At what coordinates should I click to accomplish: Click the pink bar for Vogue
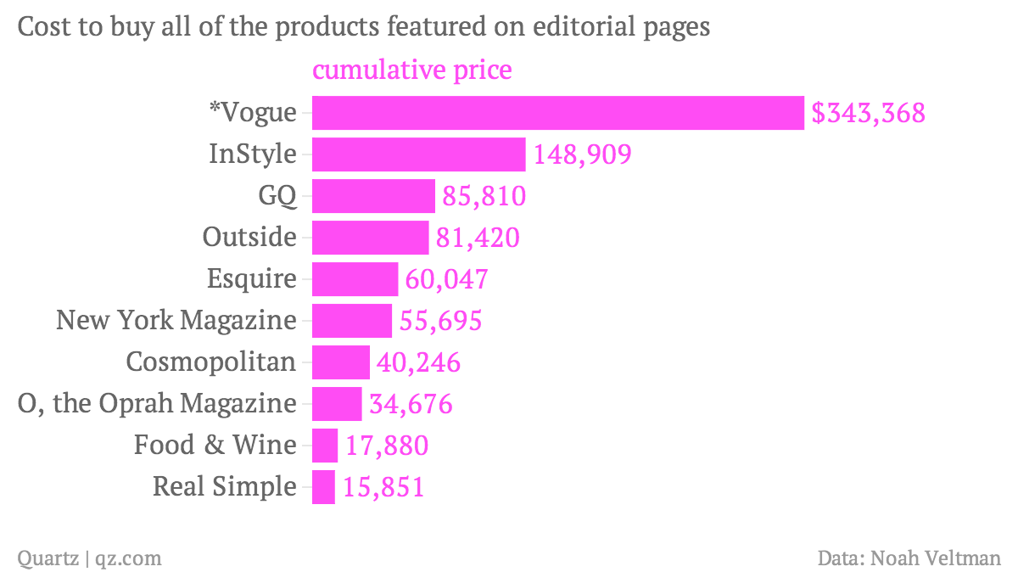tap(557, 113)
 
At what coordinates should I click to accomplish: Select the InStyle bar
tap(419, 154)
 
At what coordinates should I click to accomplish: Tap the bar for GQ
tap(373, 196)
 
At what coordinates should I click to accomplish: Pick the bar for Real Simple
tap(323, 487)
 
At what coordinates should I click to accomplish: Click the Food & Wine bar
tap(325, 446)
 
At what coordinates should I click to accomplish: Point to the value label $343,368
tap(868, 113)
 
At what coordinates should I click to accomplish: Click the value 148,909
tap(582, 154)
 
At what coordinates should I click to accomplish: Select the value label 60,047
tap(446, 279)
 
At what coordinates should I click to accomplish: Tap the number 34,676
tap(411, 404)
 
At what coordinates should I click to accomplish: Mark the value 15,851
tap(383, 487)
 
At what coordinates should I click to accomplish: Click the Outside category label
tap(249, 238)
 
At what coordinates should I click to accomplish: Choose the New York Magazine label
tap(176, 321)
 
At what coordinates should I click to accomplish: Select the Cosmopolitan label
tap(211, 362)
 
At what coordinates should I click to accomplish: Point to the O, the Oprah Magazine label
tap(157, 404)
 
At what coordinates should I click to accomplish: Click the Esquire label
tap(252, 279)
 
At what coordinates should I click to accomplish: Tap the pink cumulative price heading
tap(412, 70)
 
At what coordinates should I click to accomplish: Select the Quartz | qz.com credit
tap(89, 558)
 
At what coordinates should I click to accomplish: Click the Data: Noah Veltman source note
tap(909, 558)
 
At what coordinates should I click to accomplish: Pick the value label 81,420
tap(477, 238)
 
